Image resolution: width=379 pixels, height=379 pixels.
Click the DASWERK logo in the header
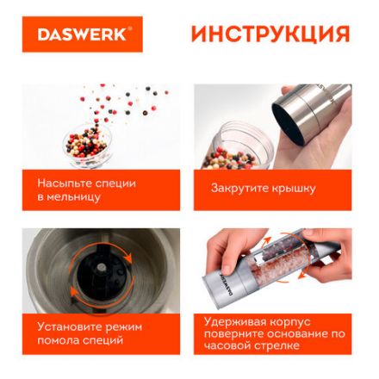click(x=83, y=34)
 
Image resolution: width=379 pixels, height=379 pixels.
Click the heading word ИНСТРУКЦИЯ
click(x=270, y=34)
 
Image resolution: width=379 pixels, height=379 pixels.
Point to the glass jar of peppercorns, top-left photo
click(x=86, y=143)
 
